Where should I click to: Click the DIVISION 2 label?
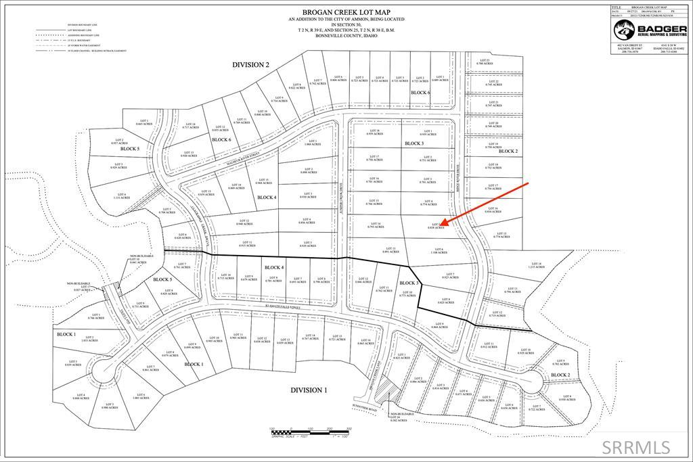250,65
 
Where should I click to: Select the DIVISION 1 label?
309,390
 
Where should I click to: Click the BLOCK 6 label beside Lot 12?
221,139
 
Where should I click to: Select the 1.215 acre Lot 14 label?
537,266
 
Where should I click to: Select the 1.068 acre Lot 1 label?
312,143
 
